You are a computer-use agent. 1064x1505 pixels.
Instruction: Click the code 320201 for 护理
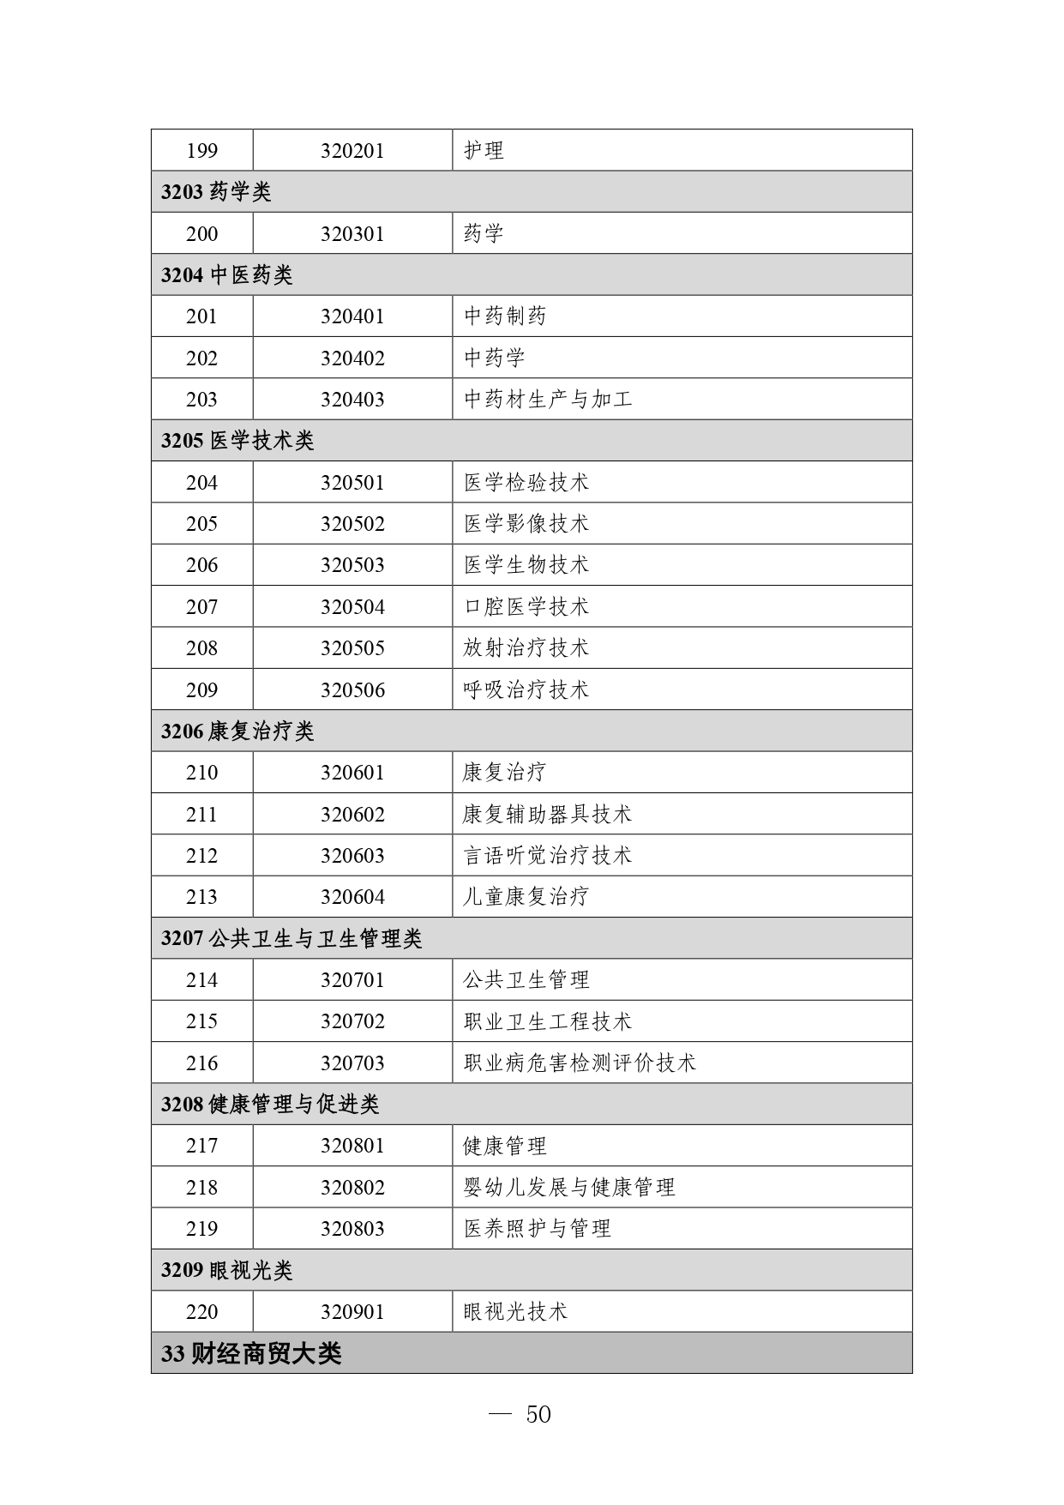[352, 151]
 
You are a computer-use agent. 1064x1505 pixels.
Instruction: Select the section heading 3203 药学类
[216, 192]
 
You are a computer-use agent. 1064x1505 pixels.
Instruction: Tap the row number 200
[201, 234]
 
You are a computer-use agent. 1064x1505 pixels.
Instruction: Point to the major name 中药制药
[505, 316]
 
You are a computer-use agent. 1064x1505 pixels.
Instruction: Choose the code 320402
[352, 358]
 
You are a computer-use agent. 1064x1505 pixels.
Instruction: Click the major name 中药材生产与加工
[548, 400]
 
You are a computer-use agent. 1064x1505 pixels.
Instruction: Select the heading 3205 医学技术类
[237, 441]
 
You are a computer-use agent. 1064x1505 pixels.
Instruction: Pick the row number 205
[201, 524]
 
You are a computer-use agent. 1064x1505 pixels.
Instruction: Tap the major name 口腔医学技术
[526, 607]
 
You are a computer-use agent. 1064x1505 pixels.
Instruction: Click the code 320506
[352, 690]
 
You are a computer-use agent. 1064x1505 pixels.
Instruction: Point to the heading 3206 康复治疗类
[237, 731]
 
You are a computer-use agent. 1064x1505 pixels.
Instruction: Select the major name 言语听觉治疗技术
[548, 856]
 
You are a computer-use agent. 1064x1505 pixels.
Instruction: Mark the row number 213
[201, 897]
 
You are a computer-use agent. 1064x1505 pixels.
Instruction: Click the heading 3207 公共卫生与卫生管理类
[292, 939]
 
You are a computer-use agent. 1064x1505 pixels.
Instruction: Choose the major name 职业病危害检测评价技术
[580, 1063]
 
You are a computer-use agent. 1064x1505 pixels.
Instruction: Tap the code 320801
[352, 1146]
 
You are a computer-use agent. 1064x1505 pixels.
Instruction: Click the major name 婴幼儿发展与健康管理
[569, 1188]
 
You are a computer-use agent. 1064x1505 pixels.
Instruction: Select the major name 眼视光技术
[515, 1312]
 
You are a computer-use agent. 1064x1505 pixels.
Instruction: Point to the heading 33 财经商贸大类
[251, 1354]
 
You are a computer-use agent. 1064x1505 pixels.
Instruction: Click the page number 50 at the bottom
[538, 1415]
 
